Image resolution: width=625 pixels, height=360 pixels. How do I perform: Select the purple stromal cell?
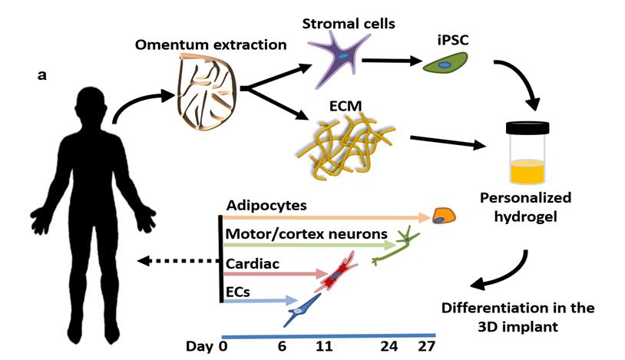336,58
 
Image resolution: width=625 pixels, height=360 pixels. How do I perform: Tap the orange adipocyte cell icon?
443,216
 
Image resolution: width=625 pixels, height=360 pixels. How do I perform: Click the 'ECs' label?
240,291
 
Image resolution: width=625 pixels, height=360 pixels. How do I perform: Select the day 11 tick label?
323,347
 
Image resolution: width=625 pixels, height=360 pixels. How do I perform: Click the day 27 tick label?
426,347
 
